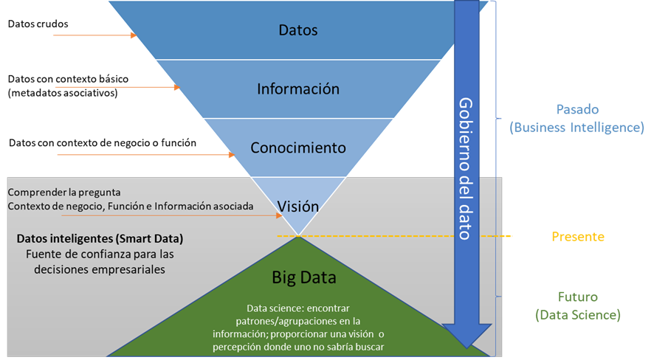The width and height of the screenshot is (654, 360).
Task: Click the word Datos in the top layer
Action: [x=298, y=30]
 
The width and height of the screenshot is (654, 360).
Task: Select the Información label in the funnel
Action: [x=298, y=89]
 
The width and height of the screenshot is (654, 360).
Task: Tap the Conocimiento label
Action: [x=298, y=148]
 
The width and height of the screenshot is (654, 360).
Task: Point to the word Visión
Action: [x=298, y=207]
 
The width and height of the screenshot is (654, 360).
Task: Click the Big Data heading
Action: [x=304, y=278]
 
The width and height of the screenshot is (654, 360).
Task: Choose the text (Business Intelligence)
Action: [x=576, y=128]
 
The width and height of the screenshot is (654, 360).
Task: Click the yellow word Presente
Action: [x=578, y=237]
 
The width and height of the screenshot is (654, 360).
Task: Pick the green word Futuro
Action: [x=578, y=297]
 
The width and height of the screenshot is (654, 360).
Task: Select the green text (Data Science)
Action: [x=578, y=315]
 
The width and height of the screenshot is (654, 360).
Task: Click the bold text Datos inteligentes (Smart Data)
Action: [x=100, y=240]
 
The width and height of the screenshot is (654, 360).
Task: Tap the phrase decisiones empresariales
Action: [x=100, y=269]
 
